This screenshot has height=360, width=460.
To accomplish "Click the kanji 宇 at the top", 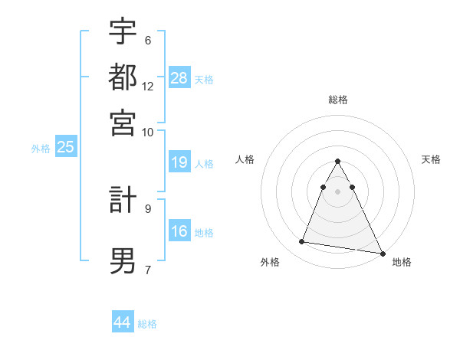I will (x=123, y=31).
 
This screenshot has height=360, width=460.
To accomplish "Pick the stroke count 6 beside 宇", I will (x=148, y=41).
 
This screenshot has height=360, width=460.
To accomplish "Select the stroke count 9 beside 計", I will (x=148, y=208).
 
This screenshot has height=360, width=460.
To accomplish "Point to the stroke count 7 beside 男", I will (x=148, y=270).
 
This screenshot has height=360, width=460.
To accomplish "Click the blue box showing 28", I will (x=179, y=77).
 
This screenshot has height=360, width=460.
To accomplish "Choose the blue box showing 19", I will (x=179, y=162).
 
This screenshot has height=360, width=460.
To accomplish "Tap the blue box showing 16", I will (x=179, y=231).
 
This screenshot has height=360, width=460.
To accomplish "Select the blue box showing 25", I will (x=66, y=147).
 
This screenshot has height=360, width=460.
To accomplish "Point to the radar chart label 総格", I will (x=338, y=100).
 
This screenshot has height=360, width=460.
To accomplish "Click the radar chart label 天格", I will (x=432, y=159).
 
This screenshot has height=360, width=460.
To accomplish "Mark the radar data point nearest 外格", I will (x=301, y=242).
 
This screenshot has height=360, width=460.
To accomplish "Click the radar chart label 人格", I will (x=245, y=159).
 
